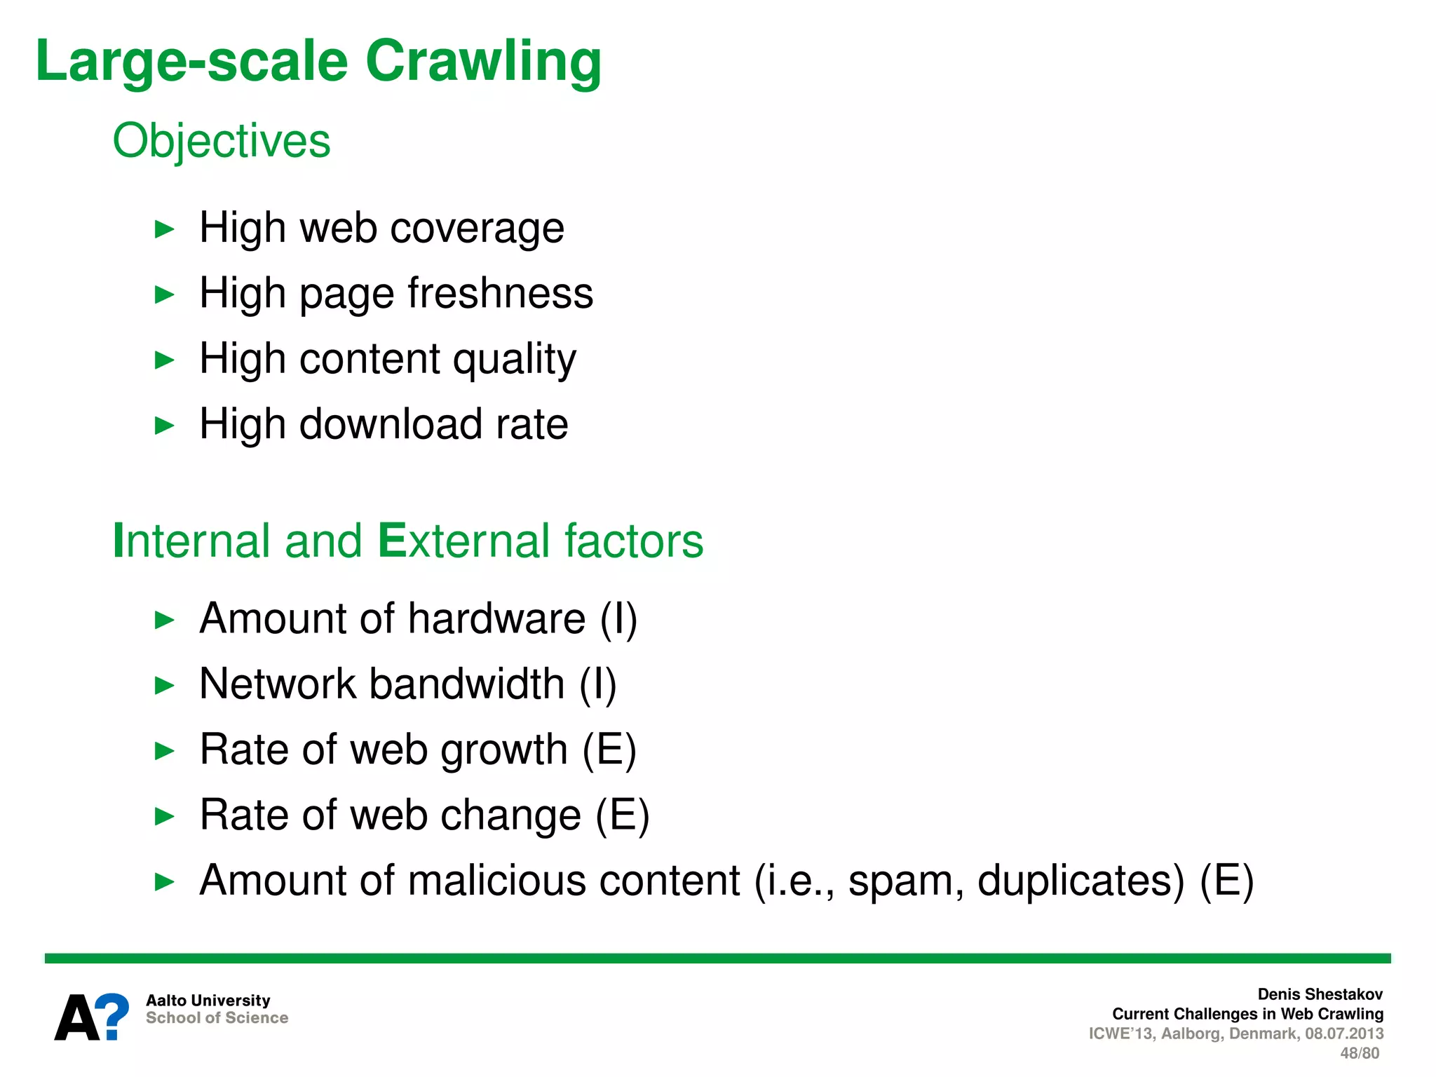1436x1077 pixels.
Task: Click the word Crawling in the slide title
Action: pos(483,62)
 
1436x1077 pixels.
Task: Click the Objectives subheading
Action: pos(221,141)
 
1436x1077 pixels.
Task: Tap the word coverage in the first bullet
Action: pos(477,229)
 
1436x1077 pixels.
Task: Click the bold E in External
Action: pos(391,541)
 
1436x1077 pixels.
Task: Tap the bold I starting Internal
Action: pos(118,541)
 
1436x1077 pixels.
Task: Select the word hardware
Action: pos(496,618)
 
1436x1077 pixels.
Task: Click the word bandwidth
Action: pos(466,684)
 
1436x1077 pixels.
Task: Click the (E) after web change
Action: pos(622,815)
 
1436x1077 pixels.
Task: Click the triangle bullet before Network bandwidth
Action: pos(164,685)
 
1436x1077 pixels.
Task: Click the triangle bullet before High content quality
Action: pos(164,360)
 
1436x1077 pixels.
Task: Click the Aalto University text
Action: pos(208,1000)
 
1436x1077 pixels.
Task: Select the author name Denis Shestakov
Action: pos(1320,994)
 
